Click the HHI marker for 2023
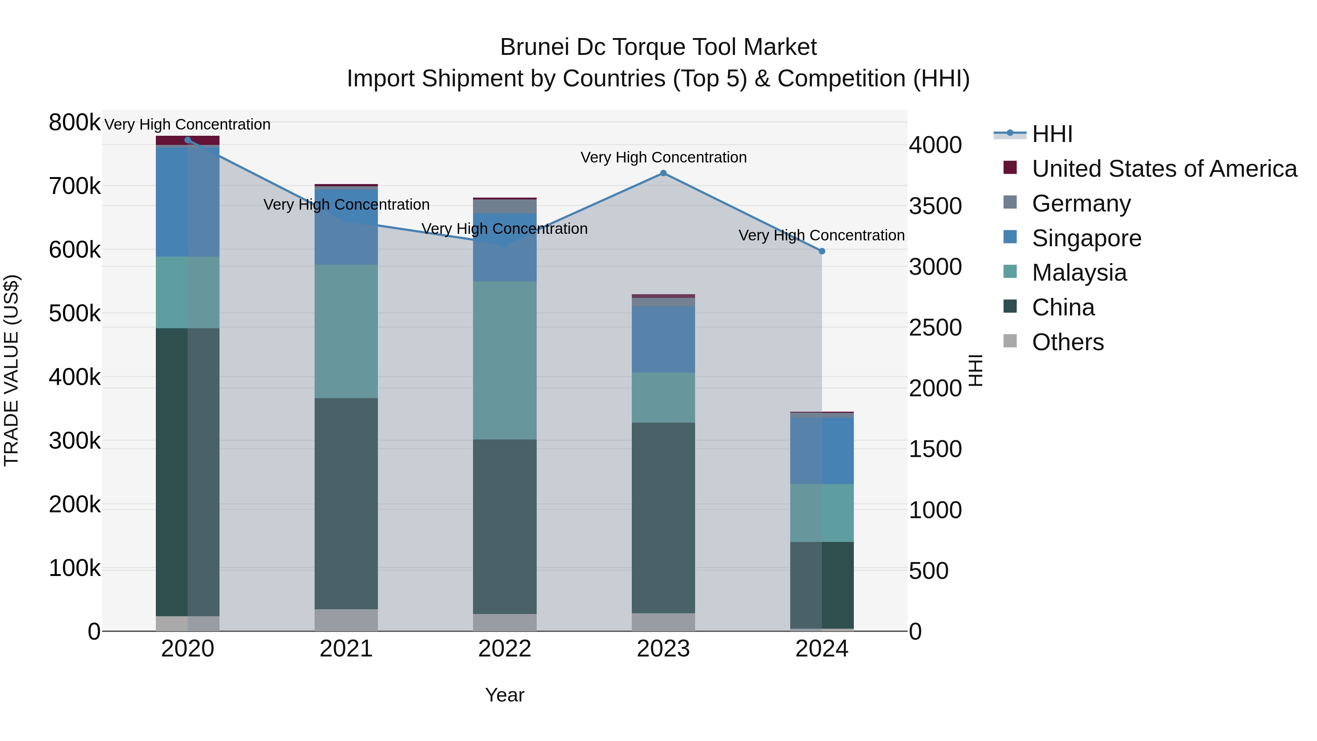click(x=663, y=173)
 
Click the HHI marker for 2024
click(x=822, y=251)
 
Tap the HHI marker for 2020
click(x=188, y=140)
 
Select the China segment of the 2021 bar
click(x=346, y=504)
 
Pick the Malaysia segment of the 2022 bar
click(x=504, y=360)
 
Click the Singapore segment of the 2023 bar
click(x=663, y=340)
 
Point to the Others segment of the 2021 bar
click(x=346, y=620)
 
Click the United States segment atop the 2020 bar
click(x=188, y=140)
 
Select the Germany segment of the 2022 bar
click(x=504, y=206)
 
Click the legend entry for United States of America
click(x=1164, y=169)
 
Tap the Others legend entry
click(x=1068, y=342)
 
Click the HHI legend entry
click(x=1052, y=134)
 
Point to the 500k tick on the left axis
click(x=75, y=314)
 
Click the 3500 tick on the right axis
click(x=935, y=206)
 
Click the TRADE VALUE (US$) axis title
click(x=11, y=370)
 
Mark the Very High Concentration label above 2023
click(x=663, y=157)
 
